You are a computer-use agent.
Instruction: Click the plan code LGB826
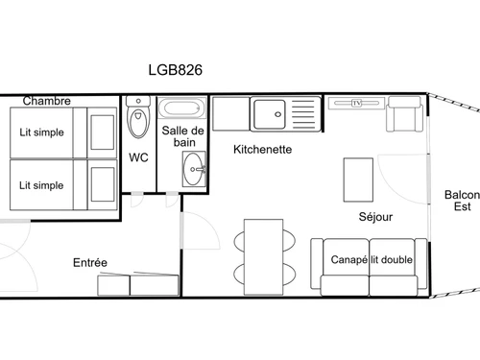[175, 69]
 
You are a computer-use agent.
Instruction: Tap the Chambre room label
[47, 101]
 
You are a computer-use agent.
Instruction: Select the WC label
[138, 157]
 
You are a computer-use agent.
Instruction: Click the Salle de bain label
[182, 136]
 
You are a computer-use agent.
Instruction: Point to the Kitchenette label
[263, 150]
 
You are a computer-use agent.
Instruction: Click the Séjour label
[375, 217]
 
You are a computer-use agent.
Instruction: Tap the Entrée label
[90, 262]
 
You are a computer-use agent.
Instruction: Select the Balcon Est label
[462, 201]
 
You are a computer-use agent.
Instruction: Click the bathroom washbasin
[195, 169]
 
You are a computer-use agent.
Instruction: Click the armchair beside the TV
[405, 117]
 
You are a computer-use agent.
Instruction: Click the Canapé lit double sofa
[370, 266]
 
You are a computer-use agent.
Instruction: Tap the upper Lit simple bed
[62, 132]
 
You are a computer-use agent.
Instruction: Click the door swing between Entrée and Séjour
[195, 233]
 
